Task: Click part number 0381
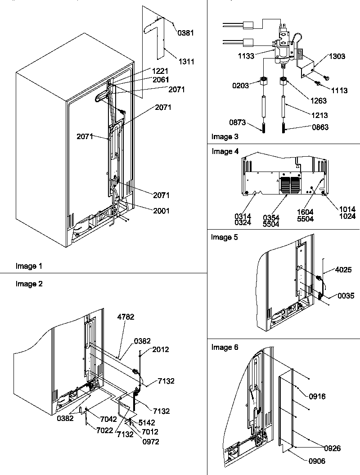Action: point(186,33)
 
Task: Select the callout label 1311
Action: point(186,62)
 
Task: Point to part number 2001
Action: point(161,211)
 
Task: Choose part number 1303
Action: point(337,56)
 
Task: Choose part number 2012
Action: point(160,349)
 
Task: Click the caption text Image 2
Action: point(29,284)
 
